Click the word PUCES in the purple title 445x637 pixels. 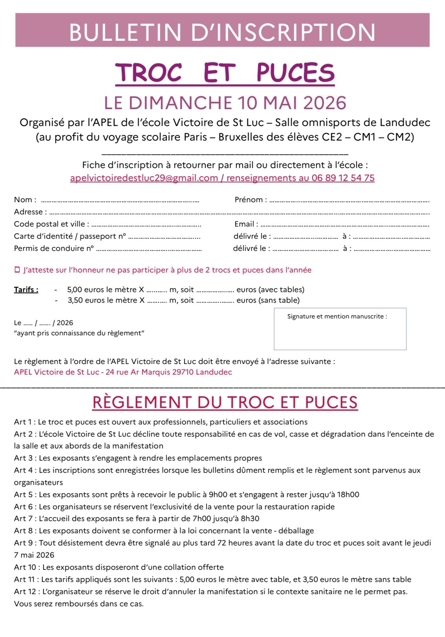pos(295,73)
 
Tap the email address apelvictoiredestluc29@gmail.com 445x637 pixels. pos(144,178)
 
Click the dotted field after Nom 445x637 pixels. pos(120,201)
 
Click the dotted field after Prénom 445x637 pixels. pos(349,201)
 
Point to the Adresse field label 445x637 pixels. pos(28,212)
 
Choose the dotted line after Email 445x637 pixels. pos(344,225)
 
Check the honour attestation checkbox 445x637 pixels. pos(17,270)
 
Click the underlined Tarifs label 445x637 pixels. pos(26,290)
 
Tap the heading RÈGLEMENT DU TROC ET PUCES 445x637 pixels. pos(225,403)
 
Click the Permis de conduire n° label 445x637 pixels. pos(54,248)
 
